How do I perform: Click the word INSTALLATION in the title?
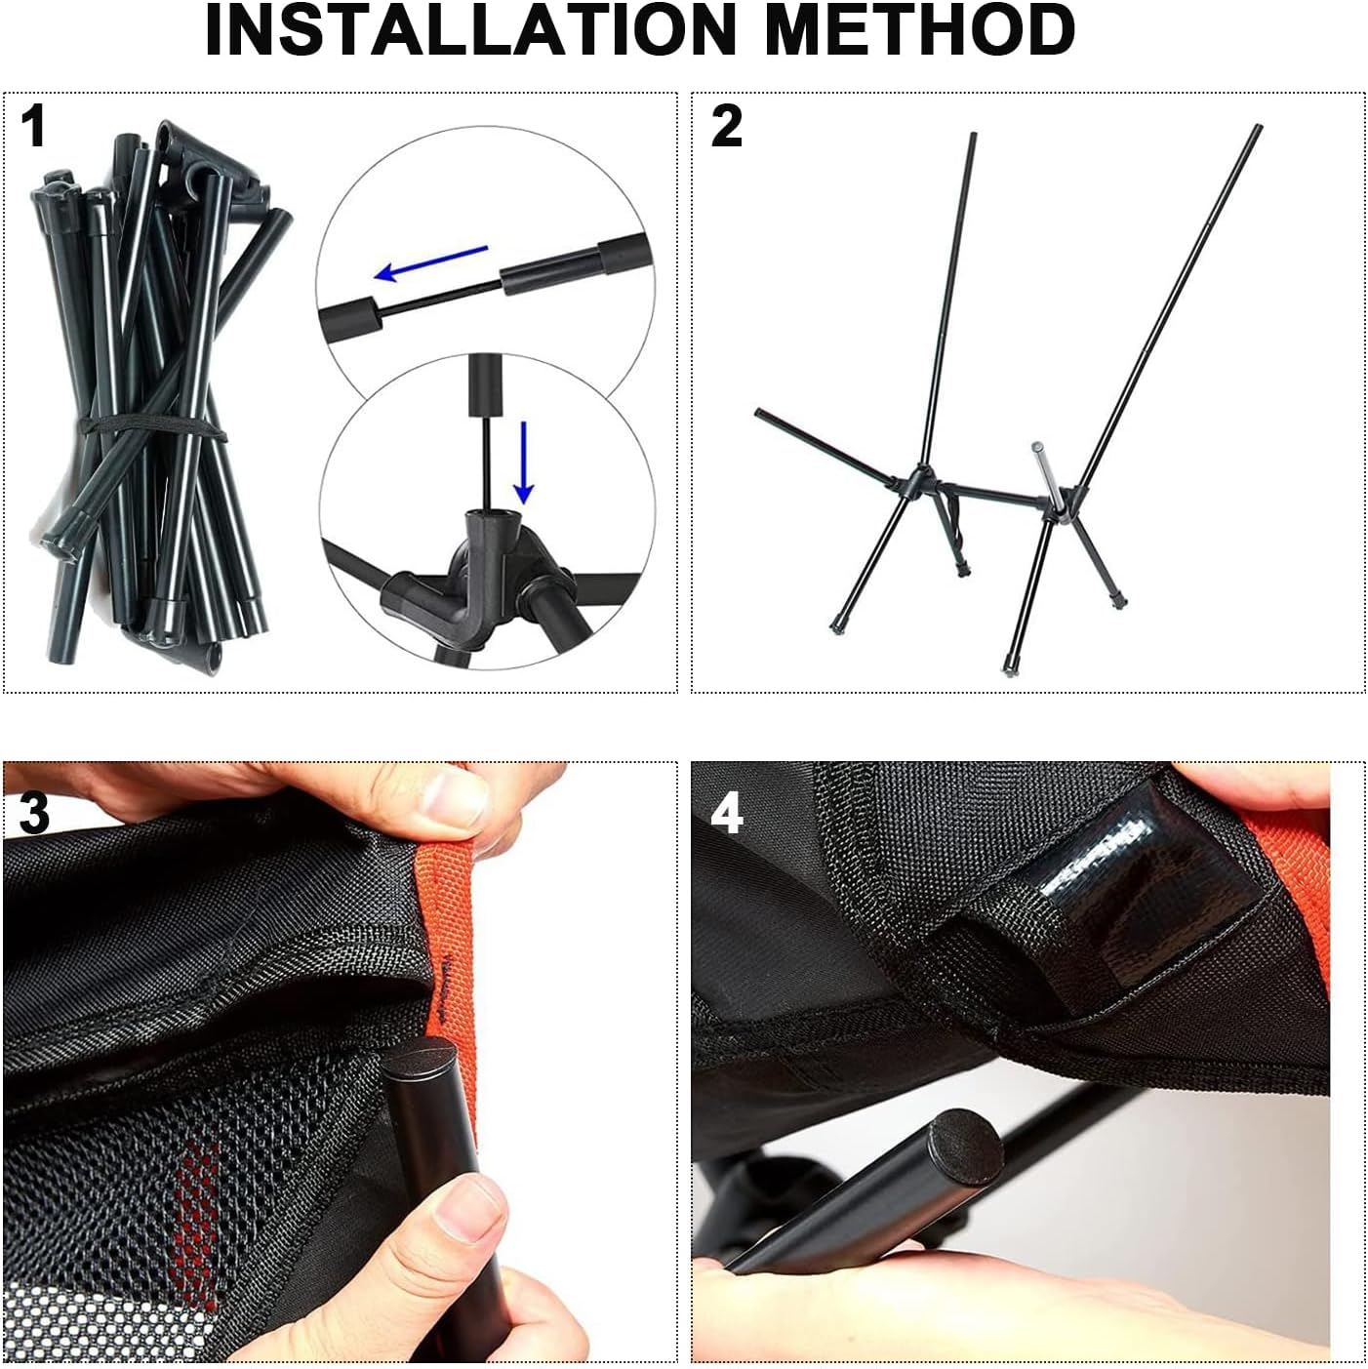click(468, 31)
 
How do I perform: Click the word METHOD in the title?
click(919, 31)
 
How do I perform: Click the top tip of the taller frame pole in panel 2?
click(1258, 129)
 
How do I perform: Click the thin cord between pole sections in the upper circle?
click(439, 296)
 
